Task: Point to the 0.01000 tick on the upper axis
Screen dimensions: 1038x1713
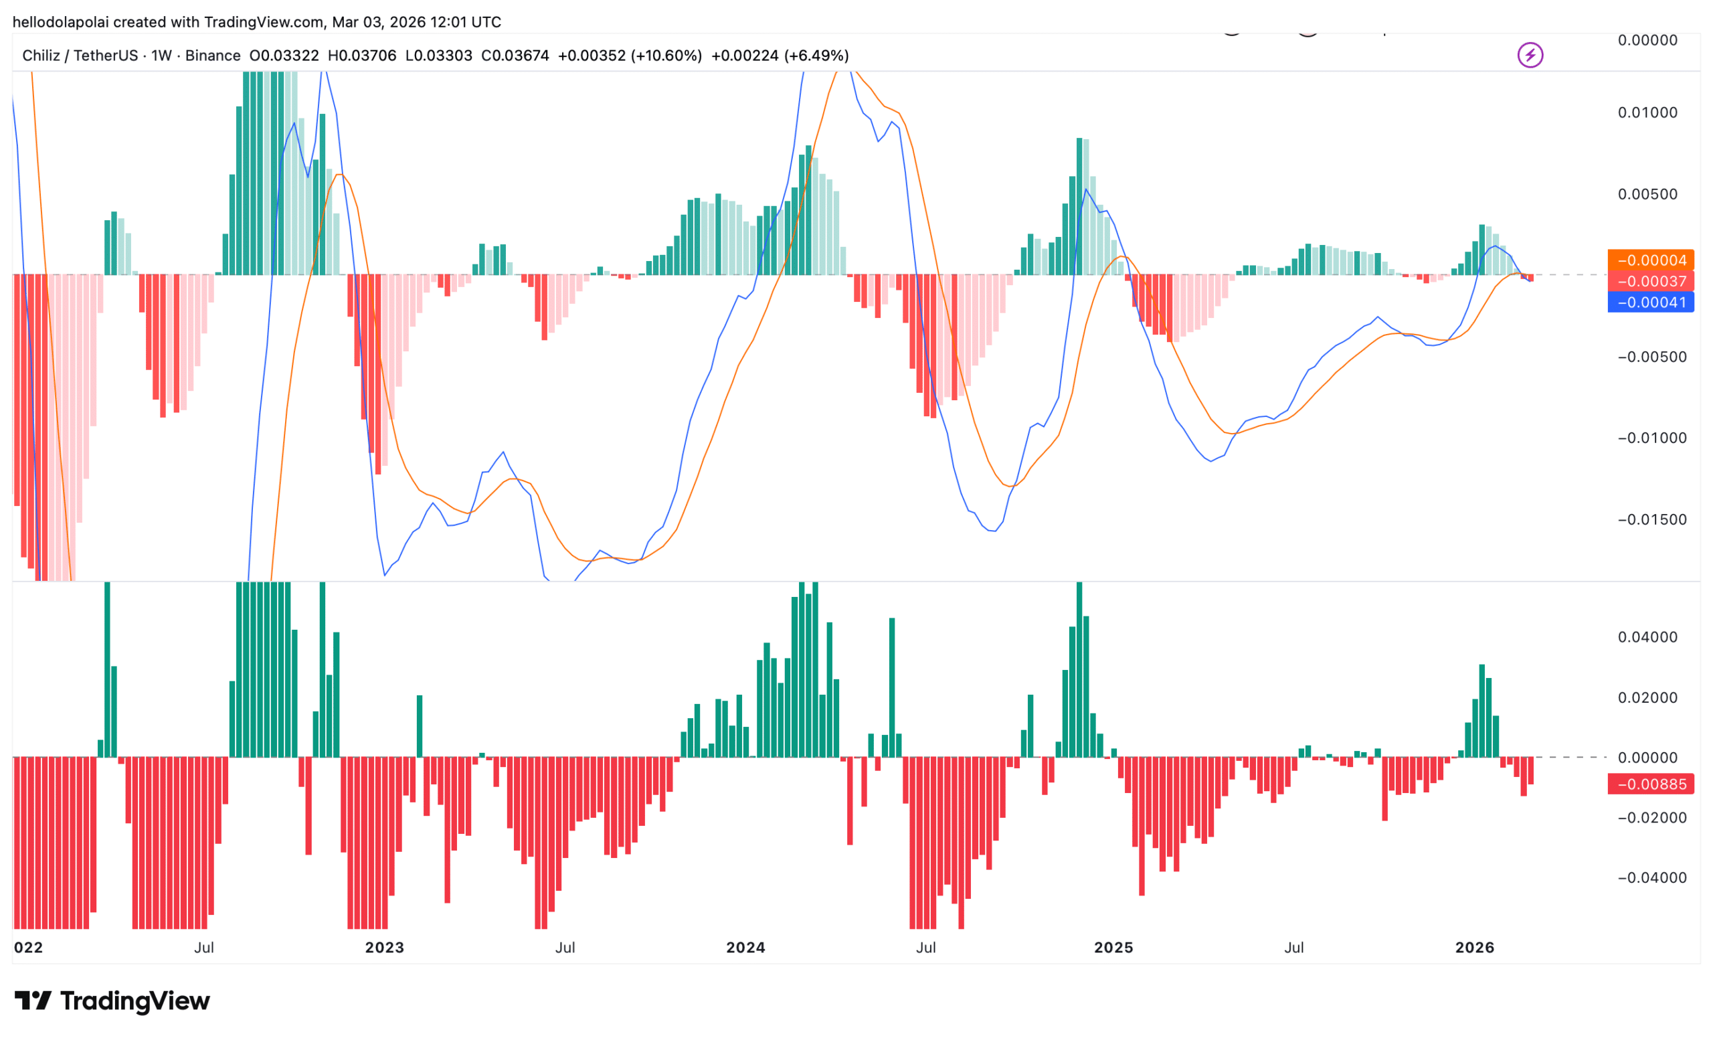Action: [1647, 112]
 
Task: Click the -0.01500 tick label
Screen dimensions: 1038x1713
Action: [1651, 519]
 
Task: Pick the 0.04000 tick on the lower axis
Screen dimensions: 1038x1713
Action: [1647, 637]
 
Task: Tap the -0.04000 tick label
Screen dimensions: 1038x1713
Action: [1651, 877]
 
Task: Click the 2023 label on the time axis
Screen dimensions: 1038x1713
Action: [385, 948]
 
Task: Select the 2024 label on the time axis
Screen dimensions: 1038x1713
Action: [745, 948]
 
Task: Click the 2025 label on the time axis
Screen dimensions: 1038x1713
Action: [1113, 948]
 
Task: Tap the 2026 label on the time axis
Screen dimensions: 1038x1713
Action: [1475, 948]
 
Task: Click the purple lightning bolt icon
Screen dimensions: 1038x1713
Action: [1530, 55]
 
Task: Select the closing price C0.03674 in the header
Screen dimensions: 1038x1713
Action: [515, 56]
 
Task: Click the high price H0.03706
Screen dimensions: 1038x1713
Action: [361, 56]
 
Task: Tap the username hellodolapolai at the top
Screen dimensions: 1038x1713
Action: [60, 22]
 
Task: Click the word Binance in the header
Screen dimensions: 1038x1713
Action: [213, 56]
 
